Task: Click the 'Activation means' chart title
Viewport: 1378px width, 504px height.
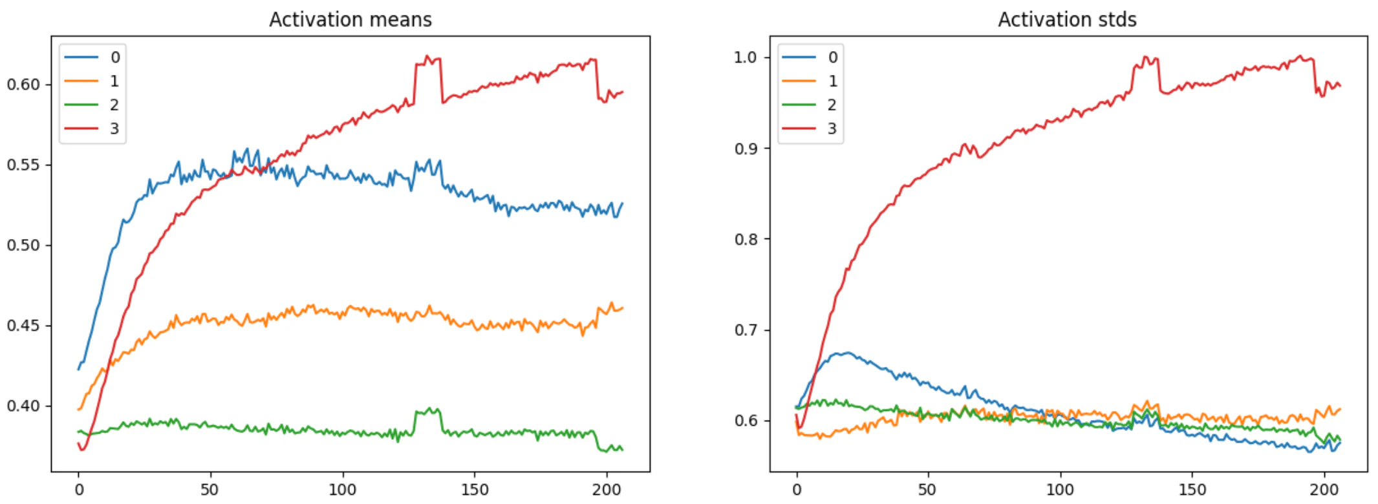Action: (x=350, y=19)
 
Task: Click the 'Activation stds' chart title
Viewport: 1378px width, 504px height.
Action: (x=1067, y=19)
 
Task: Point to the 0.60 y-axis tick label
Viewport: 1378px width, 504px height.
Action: (x=24, y=85)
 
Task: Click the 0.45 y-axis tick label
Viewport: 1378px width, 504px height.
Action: (x=24, y=326)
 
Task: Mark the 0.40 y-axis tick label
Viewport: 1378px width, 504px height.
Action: (x=24, y=406)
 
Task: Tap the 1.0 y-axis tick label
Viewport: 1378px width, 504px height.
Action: (x=746, y=58)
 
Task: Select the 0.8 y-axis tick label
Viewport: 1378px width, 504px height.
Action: (x=746, y=239)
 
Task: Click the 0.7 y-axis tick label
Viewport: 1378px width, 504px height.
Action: (x=746, y=330)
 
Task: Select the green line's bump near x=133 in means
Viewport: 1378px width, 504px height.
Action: (x=428, y=411)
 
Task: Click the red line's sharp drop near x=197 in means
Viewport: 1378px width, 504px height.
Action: (x=597, y=79)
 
